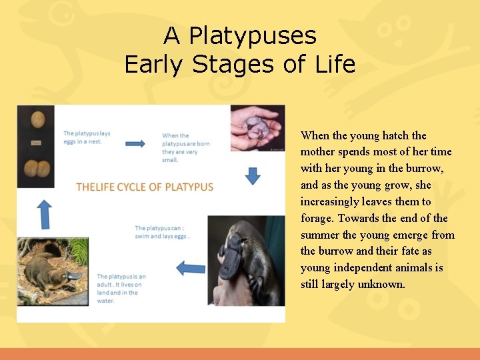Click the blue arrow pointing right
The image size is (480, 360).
(x=135, y=143)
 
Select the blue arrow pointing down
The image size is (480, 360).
(x=253, y=176)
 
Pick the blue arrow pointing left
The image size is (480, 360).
(x=191, y=268)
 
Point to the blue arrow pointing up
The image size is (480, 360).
(x=44, y=214)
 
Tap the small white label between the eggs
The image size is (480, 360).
(x=35, y=143)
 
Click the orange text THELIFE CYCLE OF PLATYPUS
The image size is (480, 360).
(x=145, y=187)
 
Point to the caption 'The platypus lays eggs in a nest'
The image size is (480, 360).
(x=87, y=137)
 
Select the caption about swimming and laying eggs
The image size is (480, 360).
(x=162, y=232)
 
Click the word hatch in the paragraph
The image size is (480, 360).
(x=396, y=135)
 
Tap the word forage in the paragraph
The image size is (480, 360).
(x=317, y=218)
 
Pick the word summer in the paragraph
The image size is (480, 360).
(x=320, y=235)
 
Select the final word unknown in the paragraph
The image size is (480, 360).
(x=381, y=285)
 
